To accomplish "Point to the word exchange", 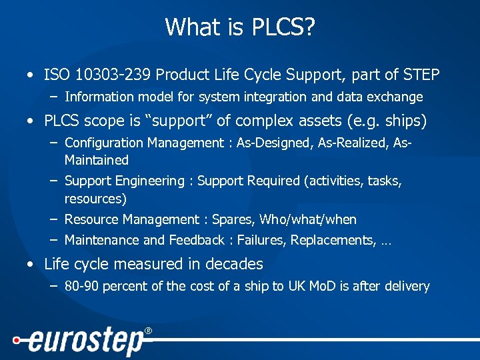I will pos(395,97).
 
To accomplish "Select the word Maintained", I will pos(96,161).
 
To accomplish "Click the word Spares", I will pos(233,220).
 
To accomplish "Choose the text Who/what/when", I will pos(308,220).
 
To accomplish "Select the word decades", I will pos(234,265).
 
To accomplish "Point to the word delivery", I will pos(406,287).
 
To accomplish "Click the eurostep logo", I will pos(83,341).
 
